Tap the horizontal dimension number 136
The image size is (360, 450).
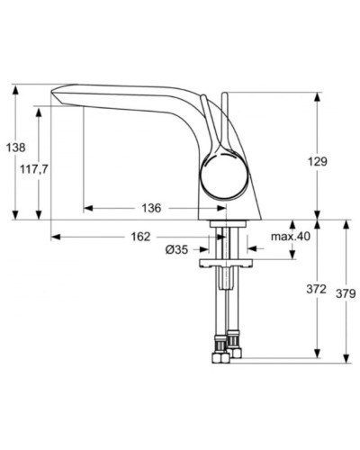(x=150, y=208)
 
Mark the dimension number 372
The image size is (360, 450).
(x=315, y=290)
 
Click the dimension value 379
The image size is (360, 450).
(x=346, y=293)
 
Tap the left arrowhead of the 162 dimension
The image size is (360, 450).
(x=54, y=238)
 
